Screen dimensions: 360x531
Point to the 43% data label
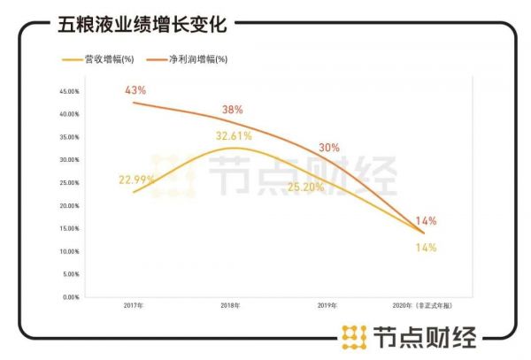tap(135, 90)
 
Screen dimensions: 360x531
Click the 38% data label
tap(233, 111)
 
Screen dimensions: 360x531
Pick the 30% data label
tap(328, 149)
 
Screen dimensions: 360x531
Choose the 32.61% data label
tap(234, 136)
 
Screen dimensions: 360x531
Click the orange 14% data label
tap(426, 220)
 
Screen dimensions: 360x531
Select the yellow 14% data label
tap(426, 248)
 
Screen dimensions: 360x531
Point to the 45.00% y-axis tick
tap(71, 91)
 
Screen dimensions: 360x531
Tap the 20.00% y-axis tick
tap(71, 206)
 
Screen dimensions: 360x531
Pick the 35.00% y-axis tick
tap(71, 137)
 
